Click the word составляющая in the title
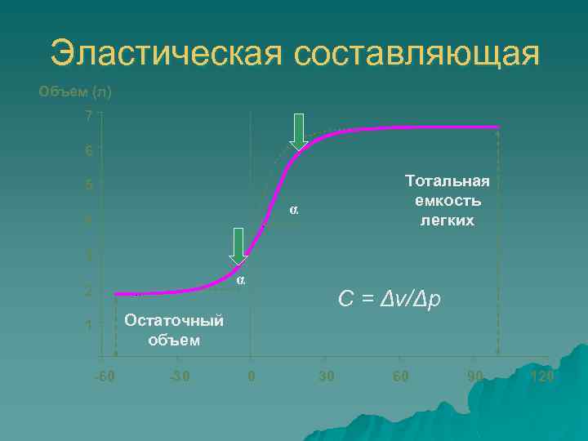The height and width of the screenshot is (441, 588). click(415, 55)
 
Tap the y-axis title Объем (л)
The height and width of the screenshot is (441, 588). click(75, 91)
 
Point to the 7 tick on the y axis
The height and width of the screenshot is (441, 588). click(88, 116)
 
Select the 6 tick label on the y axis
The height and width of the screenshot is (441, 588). click(88, 151)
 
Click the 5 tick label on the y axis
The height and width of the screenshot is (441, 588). click(88, 185)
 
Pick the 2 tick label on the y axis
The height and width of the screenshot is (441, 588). click(88, 292)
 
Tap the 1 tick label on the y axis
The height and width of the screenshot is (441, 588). click(88, 327)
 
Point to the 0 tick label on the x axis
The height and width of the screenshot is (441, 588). click(252, 377)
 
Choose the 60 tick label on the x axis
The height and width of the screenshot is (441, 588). click(399, 377)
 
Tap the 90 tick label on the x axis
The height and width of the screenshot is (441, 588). click(474, 377)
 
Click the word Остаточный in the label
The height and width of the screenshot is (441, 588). click(174, 321)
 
